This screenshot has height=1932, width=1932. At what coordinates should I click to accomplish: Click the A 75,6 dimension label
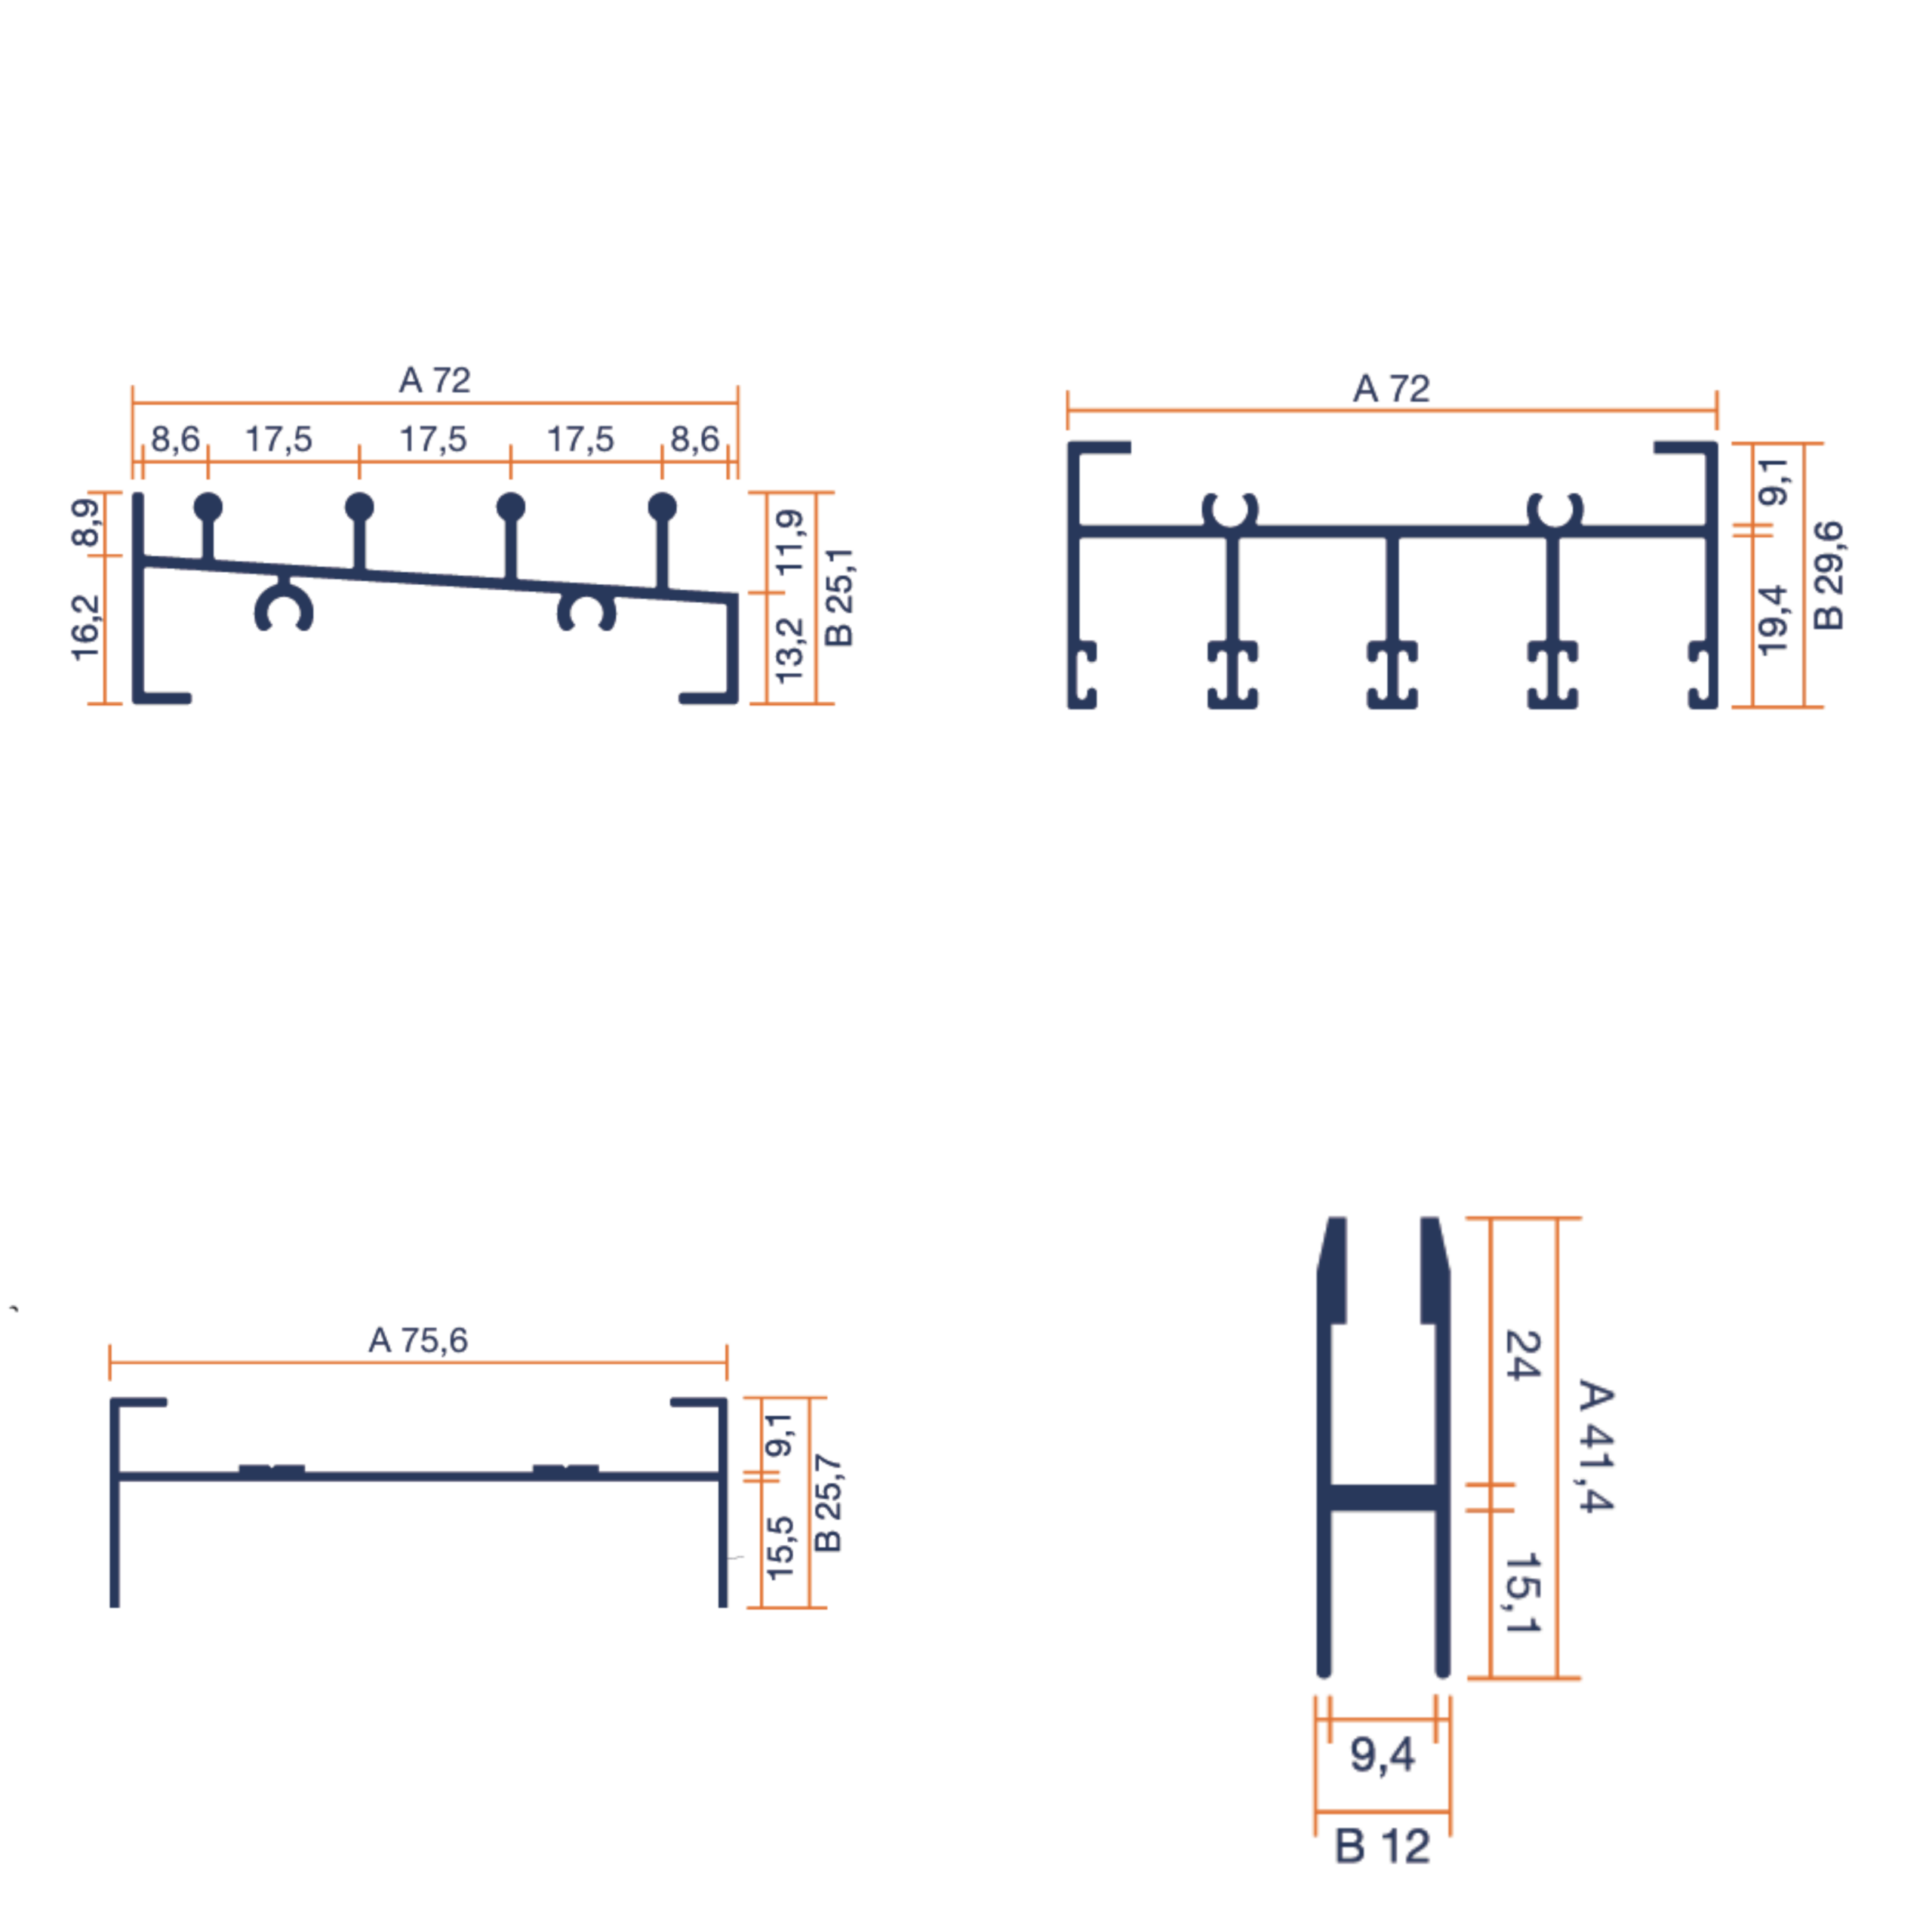tap(418, 1340)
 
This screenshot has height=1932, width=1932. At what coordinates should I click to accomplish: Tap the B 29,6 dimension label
tap(1827, 575)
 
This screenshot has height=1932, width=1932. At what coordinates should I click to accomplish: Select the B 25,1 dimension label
tap(839, 597)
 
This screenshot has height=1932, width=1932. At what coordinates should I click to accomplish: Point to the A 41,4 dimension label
tap(1595, 1446)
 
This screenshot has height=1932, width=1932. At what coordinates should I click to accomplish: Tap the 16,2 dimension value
tap(86, 627)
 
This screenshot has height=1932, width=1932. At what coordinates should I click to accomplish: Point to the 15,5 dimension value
tap(780, 1547)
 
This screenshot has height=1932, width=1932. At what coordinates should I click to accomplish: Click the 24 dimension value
tap(1522, 1355)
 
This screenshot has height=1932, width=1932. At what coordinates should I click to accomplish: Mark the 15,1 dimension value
tap(1522, 1593)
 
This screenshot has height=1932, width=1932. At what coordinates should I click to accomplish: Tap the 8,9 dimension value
tap(86, 522)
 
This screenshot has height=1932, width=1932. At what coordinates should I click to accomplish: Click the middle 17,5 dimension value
tap(433, 439)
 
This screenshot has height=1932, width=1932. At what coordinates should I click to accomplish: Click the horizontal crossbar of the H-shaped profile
tap(1384, 1497)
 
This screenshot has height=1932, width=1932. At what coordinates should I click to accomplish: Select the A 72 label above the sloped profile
tap(434, 380)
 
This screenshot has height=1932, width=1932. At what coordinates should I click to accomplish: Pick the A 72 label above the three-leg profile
tap(1391, 388)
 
